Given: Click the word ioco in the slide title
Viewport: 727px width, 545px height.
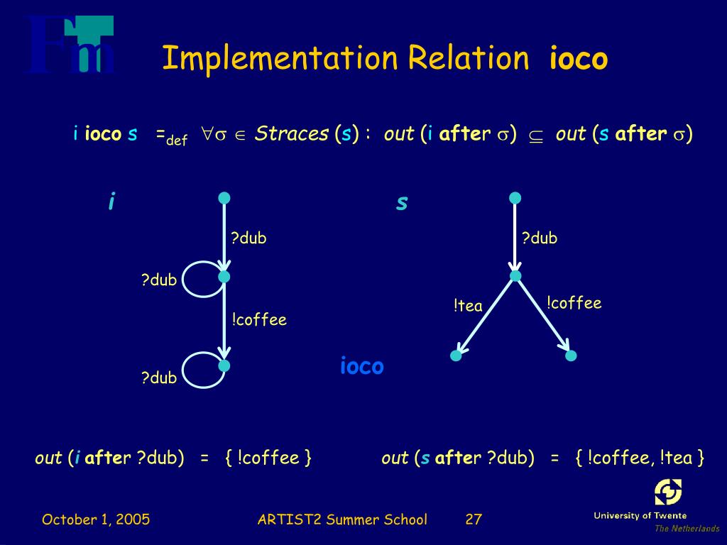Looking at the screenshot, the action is pyautogui.click(x=579, y=59).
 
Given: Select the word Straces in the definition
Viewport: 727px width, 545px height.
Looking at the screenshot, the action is pyautogui.click(x=292, y=133).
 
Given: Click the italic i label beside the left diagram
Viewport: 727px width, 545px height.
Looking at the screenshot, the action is pyautogui.click(x=111, y=202).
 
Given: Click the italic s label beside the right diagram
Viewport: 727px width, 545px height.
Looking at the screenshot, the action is pyautogui.click(x=402, y=202).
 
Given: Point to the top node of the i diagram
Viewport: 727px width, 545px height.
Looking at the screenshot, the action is pyautogui.click(x=224, y=197).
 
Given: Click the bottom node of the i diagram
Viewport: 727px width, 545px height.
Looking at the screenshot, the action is pyautogui.click(x=224, y=365).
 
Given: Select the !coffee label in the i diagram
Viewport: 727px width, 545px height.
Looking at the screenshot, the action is pyautogui.click(x=259, y=320).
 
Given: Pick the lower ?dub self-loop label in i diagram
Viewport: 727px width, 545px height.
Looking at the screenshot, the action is pyautogui.click(x=159, y=378).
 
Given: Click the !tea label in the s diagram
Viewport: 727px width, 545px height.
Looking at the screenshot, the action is pyautogui.click(x=468, y=306).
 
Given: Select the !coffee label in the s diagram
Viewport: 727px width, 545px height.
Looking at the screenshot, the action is pyautogui.click(x=574, y=304).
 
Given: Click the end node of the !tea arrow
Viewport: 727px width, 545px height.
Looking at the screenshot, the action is pyautogui.click(x=456, y=356).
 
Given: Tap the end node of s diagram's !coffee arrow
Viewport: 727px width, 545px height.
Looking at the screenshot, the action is pyautogui.click(x=572, y=355).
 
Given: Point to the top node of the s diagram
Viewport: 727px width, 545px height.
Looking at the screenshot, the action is pyautogui.click(x=515, y=197).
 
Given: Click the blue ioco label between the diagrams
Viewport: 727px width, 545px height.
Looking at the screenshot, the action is pyautogui.click(x=361, y=366).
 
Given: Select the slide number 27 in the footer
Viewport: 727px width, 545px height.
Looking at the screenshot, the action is pyautogui.click(x=474, y=519).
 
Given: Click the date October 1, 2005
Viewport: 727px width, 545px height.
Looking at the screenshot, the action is pyautogui.click(x=96, y=519).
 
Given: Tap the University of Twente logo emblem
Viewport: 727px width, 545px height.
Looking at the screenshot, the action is pyautogui.click(x=667, y=492).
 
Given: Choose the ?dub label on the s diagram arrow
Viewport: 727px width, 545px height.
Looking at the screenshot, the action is pyautogui.click(x=540, y=238).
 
